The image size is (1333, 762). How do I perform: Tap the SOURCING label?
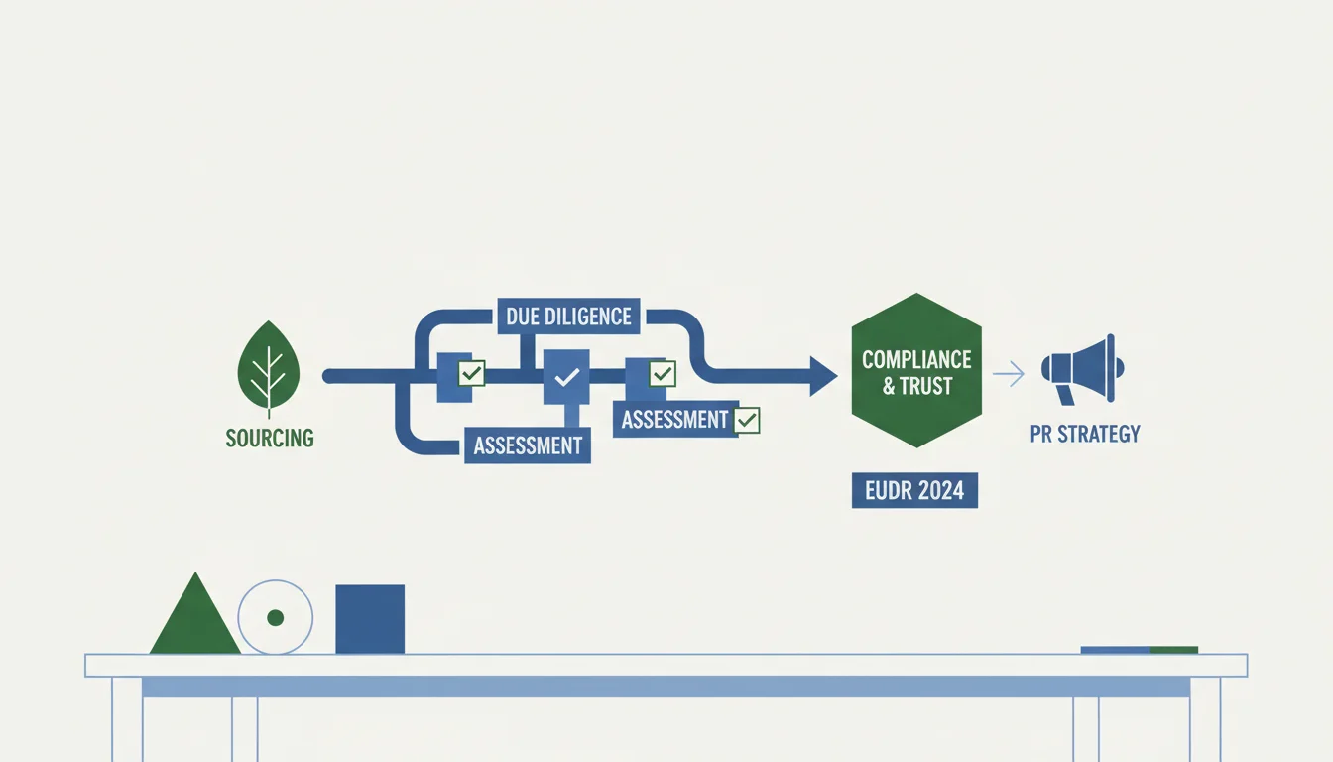(x=270, y=439)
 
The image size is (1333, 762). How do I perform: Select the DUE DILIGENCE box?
(x=568, y=317)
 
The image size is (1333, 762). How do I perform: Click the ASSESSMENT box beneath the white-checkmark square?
(x=528, y=445)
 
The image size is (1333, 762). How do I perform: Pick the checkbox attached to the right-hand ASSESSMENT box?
(x=746, y=421)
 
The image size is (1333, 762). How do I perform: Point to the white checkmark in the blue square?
(x=566, y=377)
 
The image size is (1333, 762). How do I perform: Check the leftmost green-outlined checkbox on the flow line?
(x=471, y=373)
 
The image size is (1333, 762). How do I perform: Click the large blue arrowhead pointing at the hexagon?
(x=823, y=376)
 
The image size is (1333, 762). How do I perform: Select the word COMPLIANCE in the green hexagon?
(x=916, y=359)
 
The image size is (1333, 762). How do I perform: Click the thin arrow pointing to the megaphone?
(x=1009, y=374)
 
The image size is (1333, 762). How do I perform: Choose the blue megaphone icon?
(x=1082, y=369)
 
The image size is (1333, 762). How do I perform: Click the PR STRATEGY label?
(x=1085, y=434)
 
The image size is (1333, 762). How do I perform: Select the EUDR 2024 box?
(x=914, y=490)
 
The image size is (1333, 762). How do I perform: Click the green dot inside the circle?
(x=275, y=618)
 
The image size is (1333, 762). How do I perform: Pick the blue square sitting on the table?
(x=370, y=619)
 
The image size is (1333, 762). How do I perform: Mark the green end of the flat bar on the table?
(x=1173, y=650)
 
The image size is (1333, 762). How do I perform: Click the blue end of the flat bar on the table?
(x=1115, y=650)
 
